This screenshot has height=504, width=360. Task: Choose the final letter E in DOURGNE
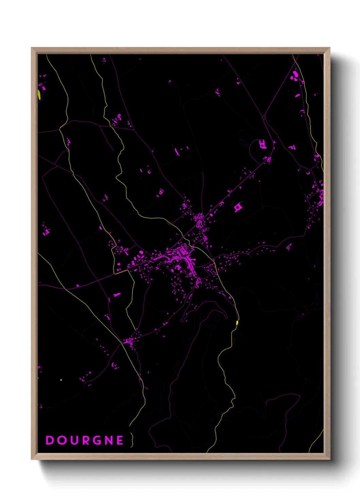(120, 440)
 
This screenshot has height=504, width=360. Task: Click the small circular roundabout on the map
(264, 117)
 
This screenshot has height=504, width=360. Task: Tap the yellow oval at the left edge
(39, 94)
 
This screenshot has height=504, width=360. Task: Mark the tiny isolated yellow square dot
(61, 380)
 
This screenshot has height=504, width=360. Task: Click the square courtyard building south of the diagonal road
(238, 207)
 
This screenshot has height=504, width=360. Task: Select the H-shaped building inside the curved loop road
(262, 144)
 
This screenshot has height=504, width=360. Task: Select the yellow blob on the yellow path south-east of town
(237, 322)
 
